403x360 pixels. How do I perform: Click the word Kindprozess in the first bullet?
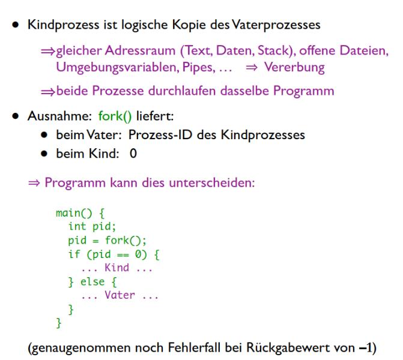click(64, 25)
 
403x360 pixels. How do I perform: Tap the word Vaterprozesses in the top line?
click(276, 25)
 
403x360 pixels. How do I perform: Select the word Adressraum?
click(140, 50)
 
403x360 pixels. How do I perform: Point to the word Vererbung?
click(294, 68)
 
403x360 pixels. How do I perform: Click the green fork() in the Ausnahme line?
click(115, 116)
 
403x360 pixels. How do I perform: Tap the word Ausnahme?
click(59, 116)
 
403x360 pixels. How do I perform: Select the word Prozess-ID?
click(160, 135)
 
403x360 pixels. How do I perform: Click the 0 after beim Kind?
click(133, 154)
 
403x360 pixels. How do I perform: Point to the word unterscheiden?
click(212, 183)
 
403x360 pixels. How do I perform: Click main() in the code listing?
click(74, 213)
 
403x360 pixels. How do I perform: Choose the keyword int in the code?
click(77, 226)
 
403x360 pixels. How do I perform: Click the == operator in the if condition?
click(123, 255)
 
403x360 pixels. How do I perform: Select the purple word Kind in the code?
click(117, 268)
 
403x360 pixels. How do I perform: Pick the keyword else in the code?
click(92, 281)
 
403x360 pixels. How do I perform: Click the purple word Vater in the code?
click(120, 295)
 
